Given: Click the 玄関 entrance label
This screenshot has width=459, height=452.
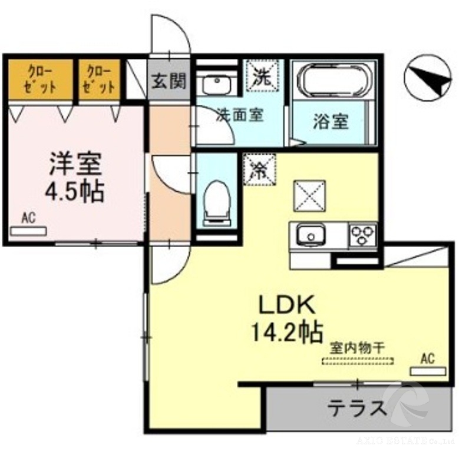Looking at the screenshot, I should (170, 80).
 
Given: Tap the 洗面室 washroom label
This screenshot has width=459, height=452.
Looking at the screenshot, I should (239, 114).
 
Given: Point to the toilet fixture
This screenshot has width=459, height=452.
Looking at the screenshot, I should (216, 202).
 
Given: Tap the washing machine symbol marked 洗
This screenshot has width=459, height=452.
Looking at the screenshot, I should (261, 76).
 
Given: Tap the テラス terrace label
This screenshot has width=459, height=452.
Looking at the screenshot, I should (358, 407).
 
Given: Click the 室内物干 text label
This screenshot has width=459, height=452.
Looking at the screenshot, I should (357, 348).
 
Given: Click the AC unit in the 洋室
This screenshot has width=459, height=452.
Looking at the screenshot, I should (28, 230).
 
